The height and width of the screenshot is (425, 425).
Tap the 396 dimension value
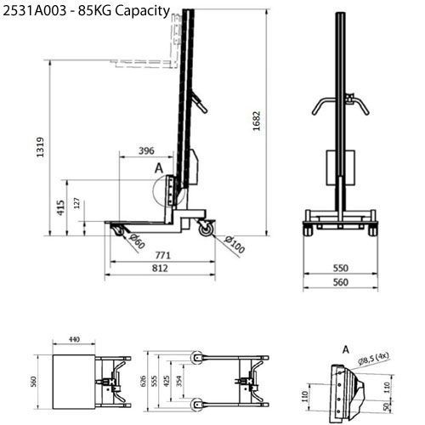coord(145,151)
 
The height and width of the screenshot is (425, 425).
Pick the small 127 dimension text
coord(76,203)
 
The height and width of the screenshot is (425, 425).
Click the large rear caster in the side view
coord(205,228)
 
